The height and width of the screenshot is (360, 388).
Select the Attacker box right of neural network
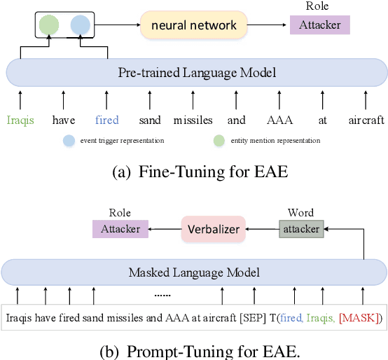pyautogui.click(x=319, y=25)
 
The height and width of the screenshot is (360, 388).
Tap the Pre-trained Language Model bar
pyautogui.click(x=196, y=73)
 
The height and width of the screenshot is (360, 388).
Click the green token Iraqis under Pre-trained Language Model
pyautogui.click(x=20, y=120)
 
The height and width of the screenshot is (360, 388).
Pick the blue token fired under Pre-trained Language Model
pyautogui.click(x=107, y=120)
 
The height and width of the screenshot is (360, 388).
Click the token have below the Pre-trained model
pyautogui.click(x=64, y=120)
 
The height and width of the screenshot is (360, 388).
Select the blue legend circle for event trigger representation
pyautogui.click(x=69, y=141)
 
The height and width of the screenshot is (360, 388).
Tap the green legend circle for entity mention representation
pyautogui.click(x=219, y=141)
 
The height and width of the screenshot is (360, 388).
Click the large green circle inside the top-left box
pyautogui.click(x=49, y=25)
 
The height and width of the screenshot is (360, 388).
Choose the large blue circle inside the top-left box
pyautogui.click(x=80, y=25)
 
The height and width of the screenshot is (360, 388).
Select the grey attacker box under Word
pyautogui.click(x=300, y=229)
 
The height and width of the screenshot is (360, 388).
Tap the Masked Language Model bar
pyautogui.click(x=193, y=272)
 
